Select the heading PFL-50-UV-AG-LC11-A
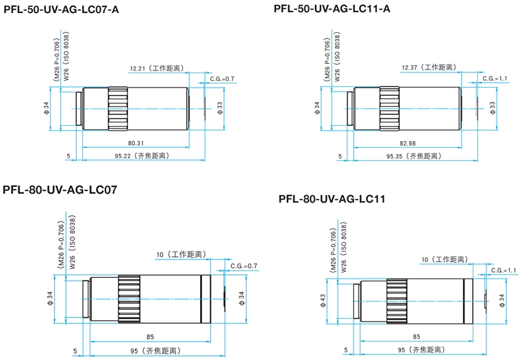(x=332, y=9)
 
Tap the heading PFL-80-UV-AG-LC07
(x=60, y=190)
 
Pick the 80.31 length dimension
(x=135, y=143)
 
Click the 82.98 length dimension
(x=406, y=143)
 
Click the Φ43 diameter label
(x=323, y=300)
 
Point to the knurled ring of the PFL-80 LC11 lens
(x=398, y=300)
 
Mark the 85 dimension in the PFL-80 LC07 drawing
(x=150, y=337)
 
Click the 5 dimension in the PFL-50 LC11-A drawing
(x=339, y=156)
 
